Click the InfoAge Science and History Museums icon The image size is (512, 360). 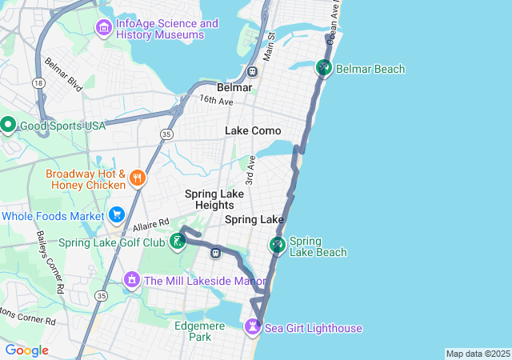[x=103, y=29]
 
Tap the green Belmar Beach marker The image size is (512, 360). [x=323, y=69]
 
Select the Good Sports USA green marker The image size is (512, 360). [x=8, y=126]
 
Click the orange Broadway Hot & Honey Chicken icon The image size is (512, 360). [x=138, y=178]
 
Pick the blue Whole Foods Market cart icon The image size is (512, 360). [x=117, y=215]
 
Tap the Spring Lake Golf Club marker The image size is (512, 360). [x=177, y=242]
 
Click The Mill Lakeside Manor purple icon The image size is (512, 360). [x=131, y=280]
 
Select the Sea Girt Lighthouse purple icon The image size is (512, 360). [x=253, y=327]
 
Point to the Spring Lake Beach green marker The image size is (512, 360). [x=278, y=245]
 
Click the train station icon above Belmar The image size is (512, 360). [x=252, y=71]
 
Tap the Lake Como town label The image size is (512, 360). [x=253, y=130]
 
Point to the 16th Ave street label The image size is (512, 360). [x=216, y=100]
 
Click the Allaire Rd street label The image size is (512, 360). [x=152, y=224]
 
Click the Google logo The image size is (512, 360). [x=26, y=350]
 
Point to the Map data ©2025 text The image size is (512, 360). [x=478, y=354]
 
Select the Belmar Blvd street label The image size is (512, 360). [x=63, y=73]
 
